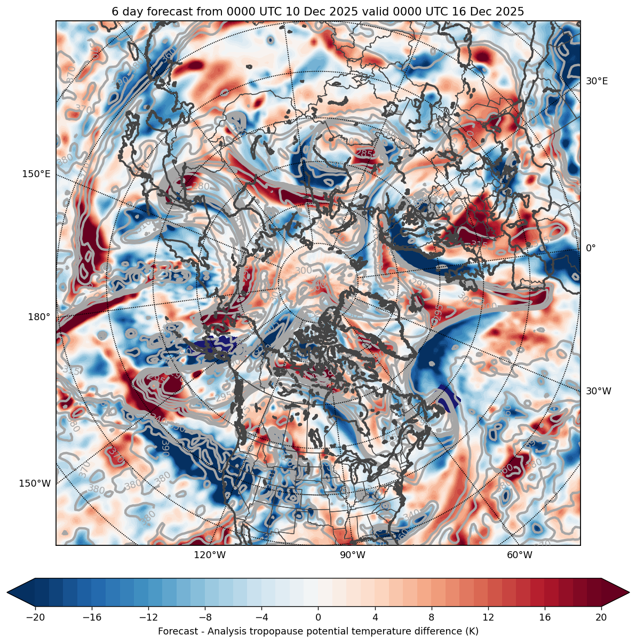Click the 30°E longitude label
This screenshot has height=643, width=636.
[597, 81]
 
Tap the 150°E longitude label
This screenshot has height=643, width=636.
[36, 174]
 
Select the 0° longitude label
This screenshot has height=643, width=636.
[591, 248]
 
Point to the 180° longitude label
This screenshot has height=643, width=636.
[39, 317]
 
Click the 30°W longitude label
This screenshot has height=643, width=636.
[599, 391]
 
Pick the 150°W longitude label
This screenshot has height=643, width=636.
[35, 483]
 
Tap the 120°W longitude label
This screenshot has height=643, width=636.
[210, 555]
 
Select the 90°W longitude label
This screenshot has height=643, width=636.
[352, 555]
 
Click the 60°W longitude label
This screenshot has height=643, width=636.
[520, 555]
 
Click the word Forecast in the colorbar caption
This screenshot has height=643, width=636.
[176, 632]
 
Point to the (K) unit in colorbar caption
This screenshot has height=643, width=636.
[472, 632]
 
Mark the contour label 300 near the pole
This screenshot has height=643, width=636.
[304, 271]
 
